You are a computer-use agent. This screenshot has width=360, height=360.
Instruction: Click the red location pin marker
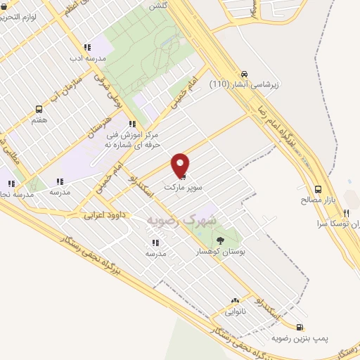click(x=181, y=165)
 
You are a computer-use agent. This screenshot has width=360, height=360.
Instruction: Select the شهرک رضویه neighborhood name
click(x=182, y=219)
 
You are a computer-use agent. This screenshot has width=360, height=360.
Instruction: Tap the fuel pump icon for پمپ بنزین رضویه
click(x=301, y=327)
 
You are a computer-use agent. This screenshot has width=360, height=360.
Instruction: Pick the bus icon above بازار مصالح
click(x=319, y=189)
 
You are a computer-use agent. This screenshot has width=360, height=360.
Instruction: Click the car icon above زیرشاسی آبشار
click(x=244, y=74)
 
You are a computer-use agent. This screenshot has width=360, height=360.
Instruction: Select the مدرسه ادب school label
click(x=89, y=57)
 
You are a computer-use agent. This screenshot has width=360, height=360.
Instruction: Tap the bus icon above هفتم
click(x=39, y=110)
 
